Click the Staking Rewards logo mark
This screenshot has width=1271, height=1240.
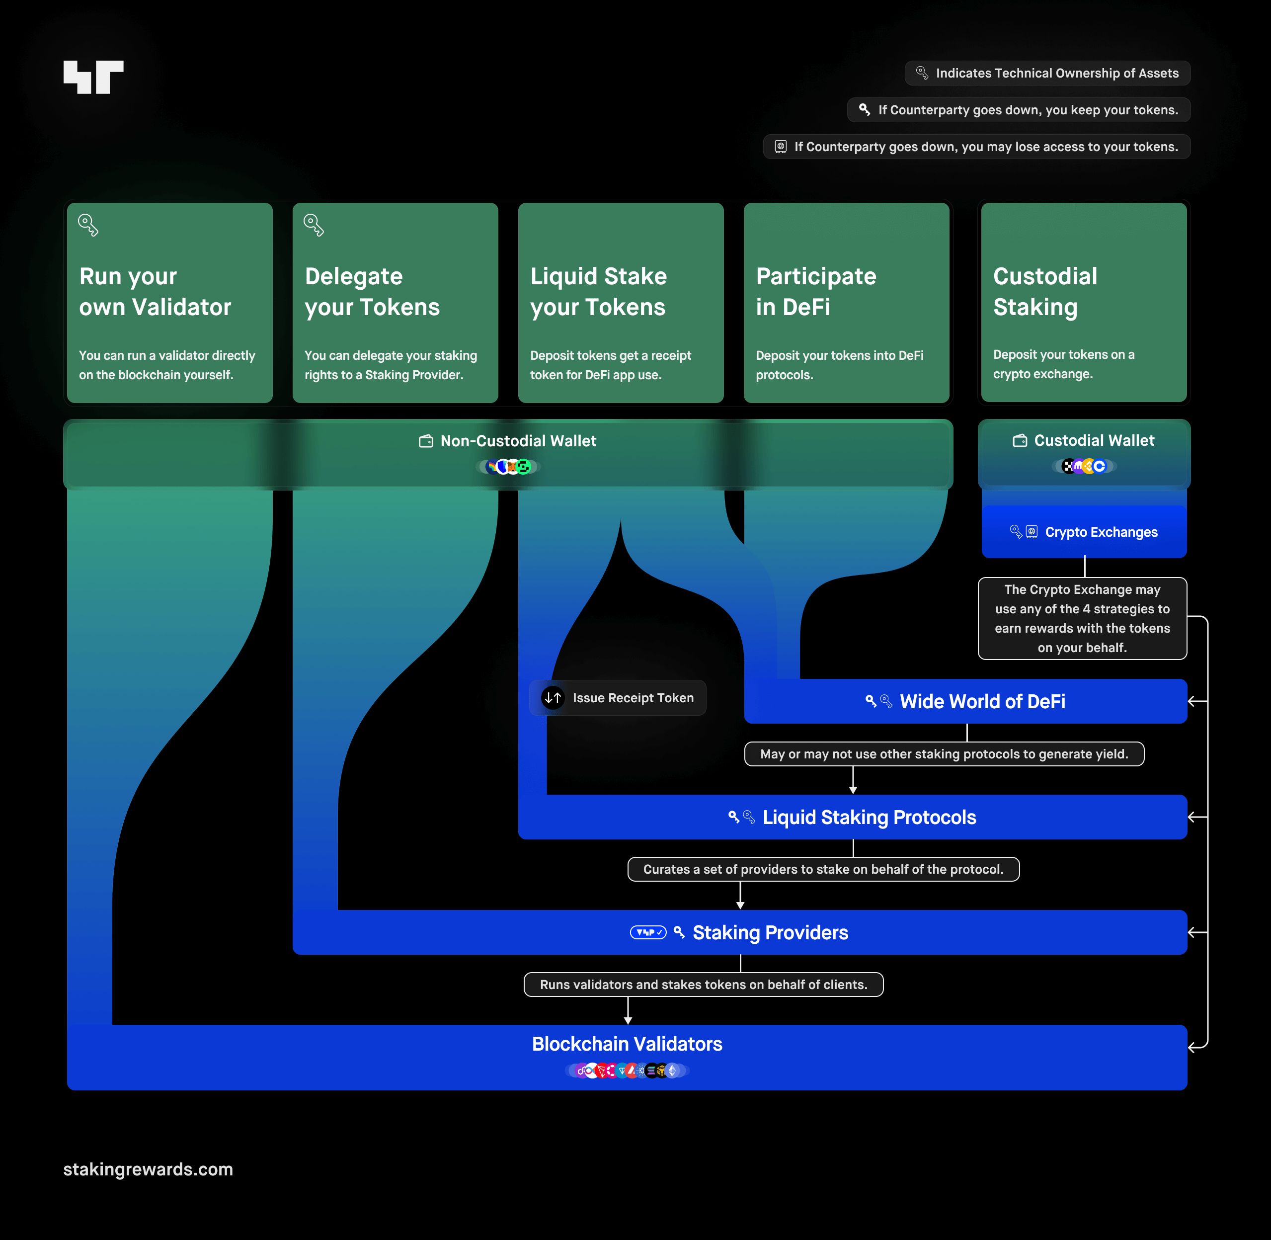(93, 77)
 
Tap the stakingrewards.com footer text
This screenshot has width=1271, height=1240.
(148, 1169)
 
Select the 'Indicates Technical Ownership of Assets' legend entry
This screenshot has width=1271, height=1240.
(1047, 73)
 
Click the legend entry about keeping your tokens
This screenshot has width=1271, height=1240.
(1019, 110)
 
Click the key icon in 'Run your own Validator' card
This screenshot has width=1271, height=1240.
(88, 225)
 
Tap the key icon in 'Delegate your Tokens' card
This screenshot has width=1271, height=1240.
(313, 225)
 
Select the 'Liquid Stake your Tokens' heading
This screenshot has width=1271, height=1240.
(598, 291)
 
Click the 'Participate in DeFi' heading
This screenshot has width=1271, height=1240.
(816, 291)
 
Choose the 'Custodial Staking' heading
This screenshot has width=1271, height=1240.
(1045, 291)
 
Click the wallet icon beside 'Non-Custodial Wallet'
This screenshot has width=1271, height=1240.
(426, 441)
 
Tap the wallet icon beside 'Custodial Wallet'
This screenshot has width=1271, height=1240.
(1020, 441)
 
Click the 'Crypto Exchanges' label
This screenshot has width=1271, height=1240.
(1101, 532)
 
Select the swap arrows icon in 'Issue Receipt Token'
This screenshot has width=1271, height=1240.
(553, 697)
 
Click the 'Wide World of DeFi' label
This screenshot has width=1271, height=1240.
(982, 701)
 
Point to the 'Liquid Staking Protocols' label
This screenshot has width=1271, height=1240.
(869, 818)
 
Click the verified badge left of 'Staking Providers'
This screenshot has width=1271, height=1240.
(648, 932)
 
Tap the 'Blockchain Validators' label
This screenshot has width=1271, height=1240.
(627, 1044)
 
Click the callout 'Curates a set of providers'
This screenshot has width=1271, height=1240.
(823, 869)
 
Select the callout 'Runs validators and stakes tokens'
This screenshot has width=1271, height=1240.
(703, 985)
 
